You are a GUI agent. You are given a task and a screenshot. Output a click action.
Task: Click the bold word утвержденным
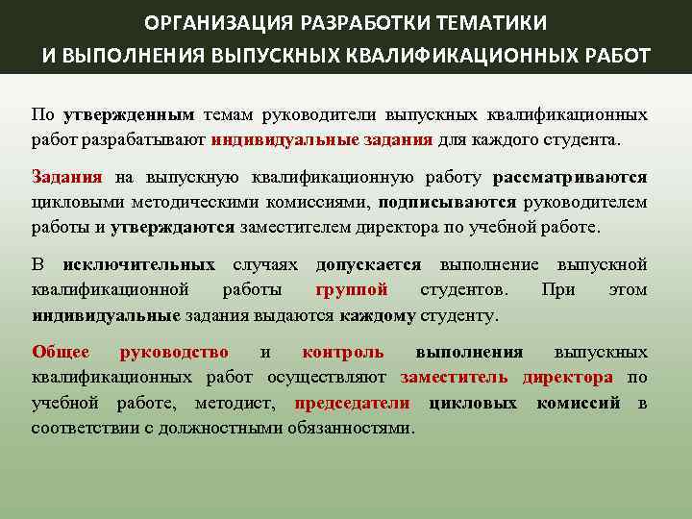point(129,114)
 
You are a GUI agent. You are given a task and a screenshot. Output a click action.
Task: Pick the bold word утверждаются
point(172,228)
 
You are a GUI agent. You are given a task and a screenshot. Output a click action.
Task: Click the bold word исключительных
point(138,264)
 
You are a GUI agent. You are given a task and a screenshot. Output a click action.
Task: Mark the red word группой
point(351,289)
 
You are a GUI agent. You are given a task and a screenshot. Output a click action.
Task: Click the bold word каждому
point(377,314)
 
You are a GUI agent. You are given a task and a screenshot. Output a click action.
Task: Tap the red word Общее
point(61,353)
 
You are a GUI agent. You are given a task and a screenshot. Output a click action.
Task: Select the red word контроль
point(342,353)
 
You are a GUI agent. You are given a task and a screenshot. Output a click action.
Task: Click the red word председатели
point(352,403)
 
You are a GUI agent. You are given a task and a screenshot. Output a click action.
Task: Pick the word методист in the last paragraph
point(253,403)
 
